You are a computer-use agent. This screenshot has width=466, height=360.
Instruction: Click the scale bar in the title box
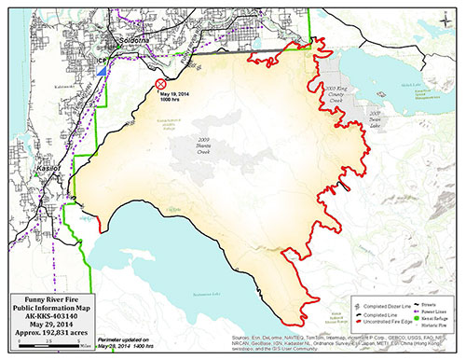[37, 345]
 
